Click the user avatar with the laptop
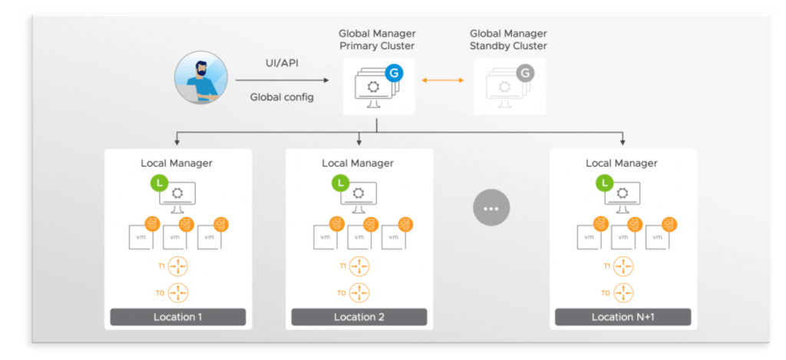(x=196, y=78)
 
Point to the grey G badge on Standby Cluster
(x=525, y=74)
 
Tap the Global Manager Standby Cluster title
(x=508, y=40)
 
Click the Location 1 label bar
(x=177, y=317)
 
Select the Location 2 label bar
(x=358, y=317)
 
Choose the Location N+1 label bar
(x=623, y=317)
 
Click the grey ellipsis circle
(x=491, y=207)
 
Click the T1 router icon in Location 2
(x=359, y=266)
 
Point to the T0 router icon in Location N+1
(x=623, y=292)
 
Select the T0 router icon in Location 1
(x=178, y=292)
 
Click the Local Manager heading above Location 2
(x=358, y=163)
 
